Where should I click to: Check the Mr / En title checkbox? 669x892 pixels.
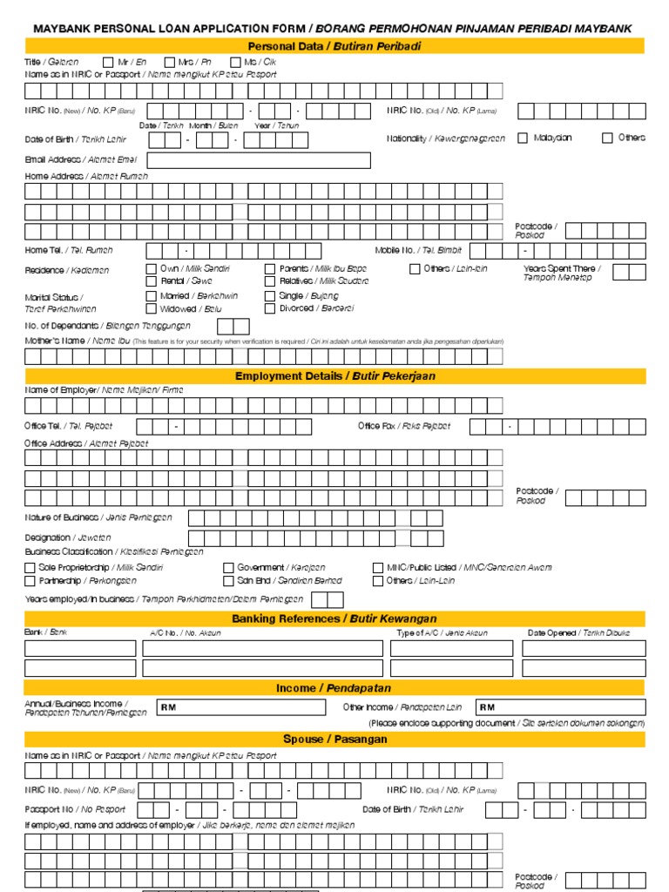pos(108,62)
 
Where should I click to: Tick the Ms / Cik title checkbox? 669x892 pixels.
pos(236,62)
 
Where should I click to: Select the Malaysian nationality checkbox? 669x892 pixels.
pos(523,138)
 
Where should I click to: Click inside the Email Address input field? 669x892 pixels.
pos(259,160)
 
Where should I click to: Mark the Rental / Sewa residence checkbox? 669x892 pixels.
pos(152,281)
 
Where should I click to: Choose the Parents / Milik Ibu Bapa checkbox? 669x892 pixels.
pos(270,269)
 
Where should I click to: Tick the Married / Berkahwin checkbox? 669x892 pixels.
pos(152,296)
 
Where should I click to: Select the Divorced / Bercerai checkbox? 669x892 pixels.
pos(270,308)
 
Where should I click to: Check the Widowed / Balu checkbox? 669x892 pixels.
pos(152,308)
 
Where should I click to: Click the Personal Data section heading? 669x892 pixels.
pos(334,46)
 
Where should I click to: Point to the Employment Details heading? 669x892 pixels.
pos(334,376)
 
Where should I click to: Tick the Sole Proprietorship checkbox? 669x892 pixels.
pos(30,567)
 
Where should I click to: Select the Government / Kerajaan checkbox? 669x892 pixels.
pos(228,567)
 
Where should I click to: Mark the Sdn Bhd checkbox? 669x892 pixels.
pos(228,580)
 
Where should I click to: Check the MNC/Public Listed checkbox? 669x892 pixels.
pos(378,567)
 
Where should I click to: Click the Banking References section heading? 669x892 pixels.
pos(334,618)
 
